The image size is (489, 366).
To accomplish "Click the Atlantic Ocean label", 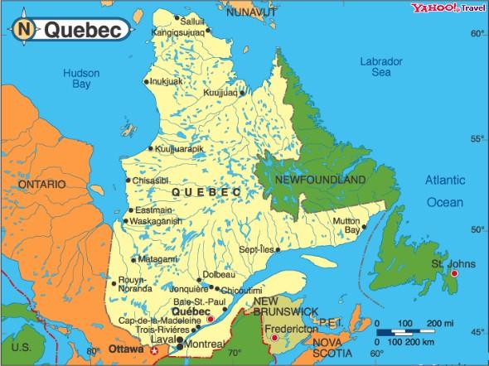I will (445, 190).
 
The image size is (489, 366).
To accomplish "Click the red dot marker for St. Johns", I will (453, 273).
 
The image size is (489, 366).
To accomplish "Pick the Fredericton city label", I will (291, 328).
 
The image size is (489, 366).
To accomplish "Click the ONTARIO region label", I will (41, 183).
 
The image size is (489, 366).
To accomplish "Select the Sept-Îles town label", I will (255, 248).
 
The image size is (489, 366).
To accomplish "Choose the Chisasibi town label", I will (151, 180).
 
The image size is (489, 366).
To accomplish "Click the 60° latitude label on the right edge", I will (477, 34).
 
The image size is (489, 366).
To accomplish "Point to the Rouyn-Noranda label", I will (137, 285).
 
